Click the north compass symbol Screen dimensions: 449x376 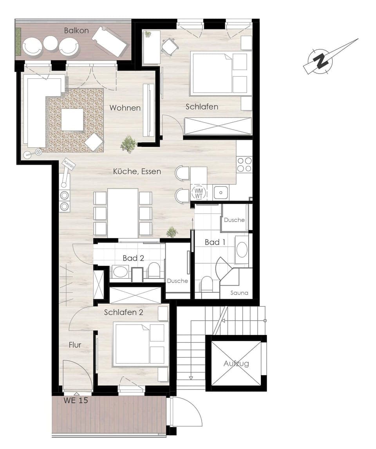(x=322, y=61)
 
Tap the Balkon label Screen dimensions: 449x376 (x=76, y=30)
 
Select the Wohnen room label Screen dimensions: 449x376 (x=125, y=107)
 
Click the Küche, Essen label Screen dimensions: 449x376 (x=137, y=171)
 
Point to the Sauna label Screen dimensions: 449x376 (x=239, y=292)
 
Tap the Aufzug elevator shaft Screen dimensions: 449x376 (x=236, y=363)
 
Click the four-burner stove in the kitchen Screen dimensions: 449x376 (x=244, y=164)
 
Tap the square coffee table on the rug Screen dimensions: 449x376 (x=72, y=120)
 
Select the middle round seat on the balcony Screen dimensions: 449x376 (x=51, y=43)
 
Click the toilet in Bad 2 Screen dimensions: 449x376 (x=154, y=270)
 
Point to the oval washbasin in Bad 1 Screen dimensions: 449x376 (x=242, y=250)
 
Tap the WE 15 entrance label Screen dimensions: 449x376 (x=76, y=401)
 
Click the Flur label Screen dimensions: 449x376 (x=75, y=345)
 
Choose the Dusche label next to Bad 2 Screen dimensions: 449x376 (x=177, y=281)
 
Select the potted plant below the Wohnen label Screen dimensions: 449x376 (x=128, y=144)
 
